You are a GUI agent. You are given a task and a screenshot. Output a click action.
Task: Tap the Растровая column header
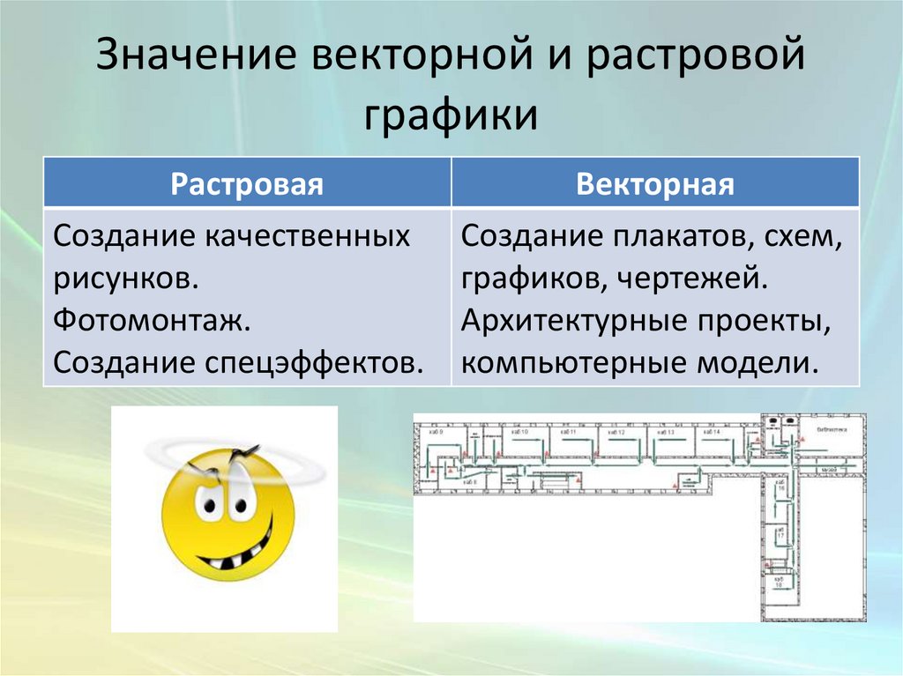coord(247,185)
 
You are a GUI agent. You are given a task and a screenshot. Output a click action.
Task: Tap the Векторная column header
coord(655,185)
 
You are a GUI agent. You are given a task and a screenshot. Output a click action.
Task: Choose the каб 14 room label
coord(710,433)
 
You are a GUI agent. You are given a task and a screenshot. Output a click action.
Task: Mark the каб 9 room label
coord(435,433)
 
